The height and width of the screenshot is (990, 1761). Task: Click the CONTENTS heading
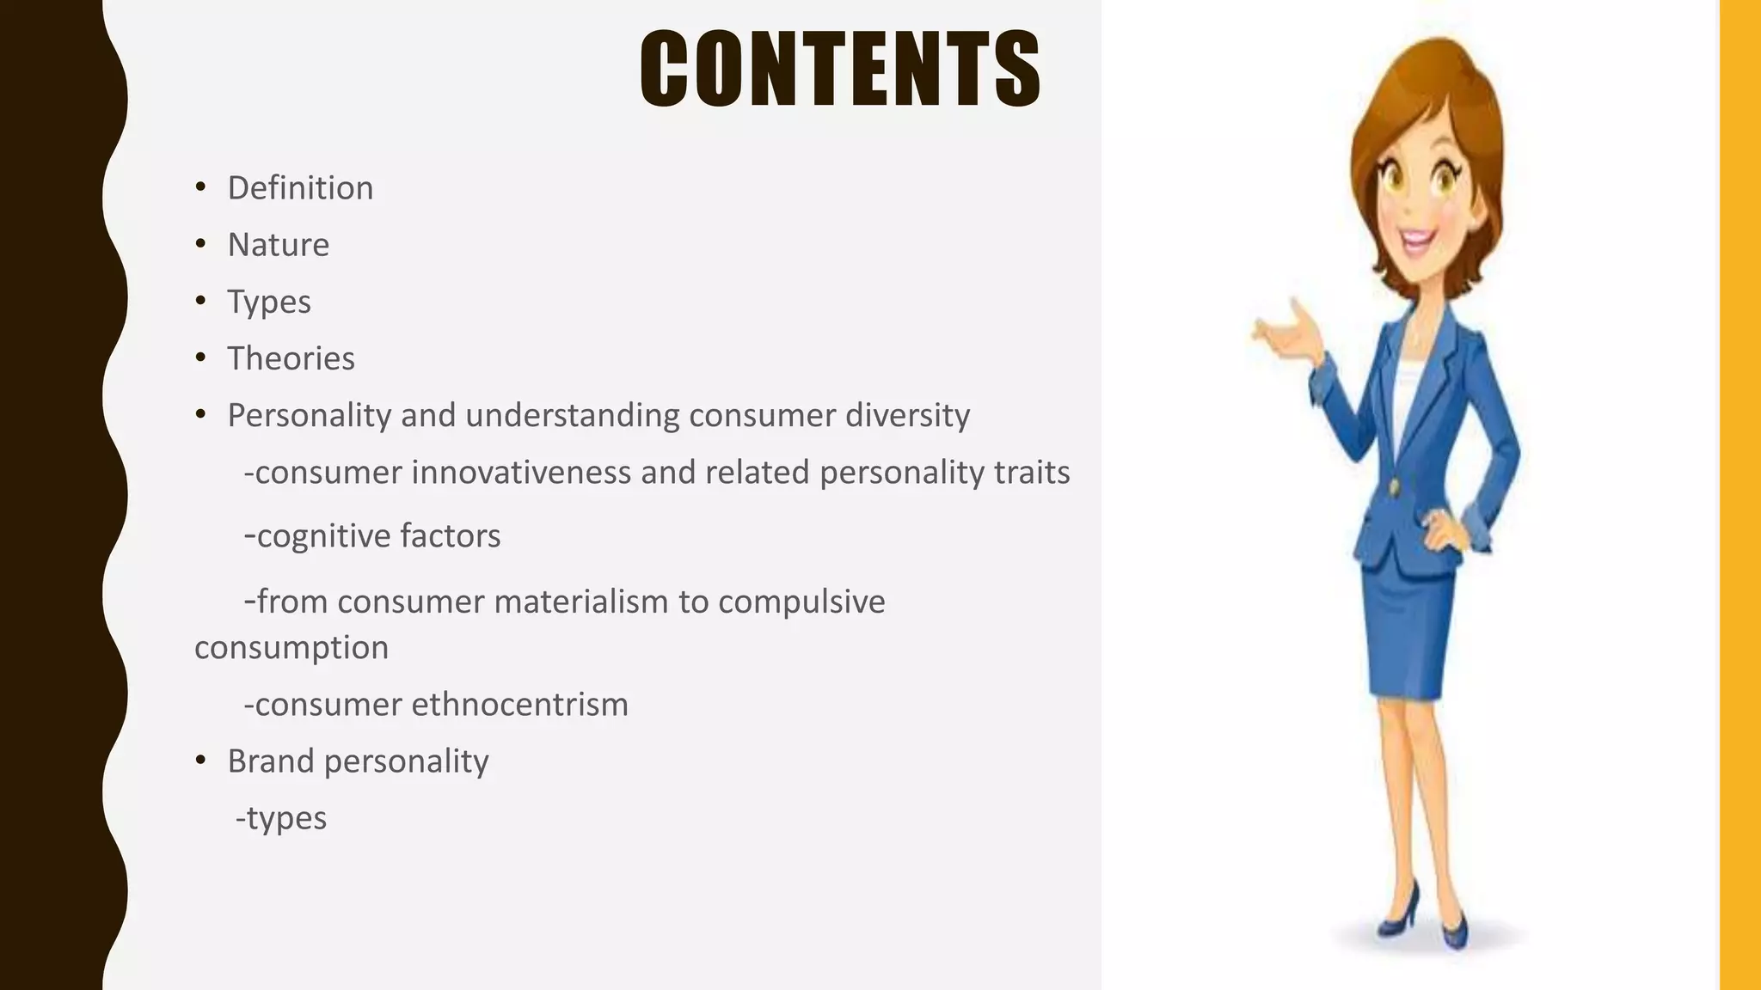840,69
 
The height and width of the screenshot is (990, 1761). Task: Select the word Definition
300,188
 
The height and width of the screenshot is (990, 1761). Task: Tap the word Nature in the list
278,245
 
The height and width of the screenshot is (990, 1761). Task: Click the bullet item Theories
291,358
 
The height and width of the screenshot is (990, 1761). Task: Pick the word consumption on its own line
291,647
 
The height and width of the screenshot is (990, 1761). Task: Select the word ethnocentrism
519,705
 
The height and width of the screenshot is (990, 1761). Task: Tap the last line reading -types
281,818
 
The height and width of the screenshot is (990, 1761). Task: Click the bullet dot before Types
200,301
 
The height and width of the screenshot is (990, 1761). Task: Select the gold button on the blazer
1394,487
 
